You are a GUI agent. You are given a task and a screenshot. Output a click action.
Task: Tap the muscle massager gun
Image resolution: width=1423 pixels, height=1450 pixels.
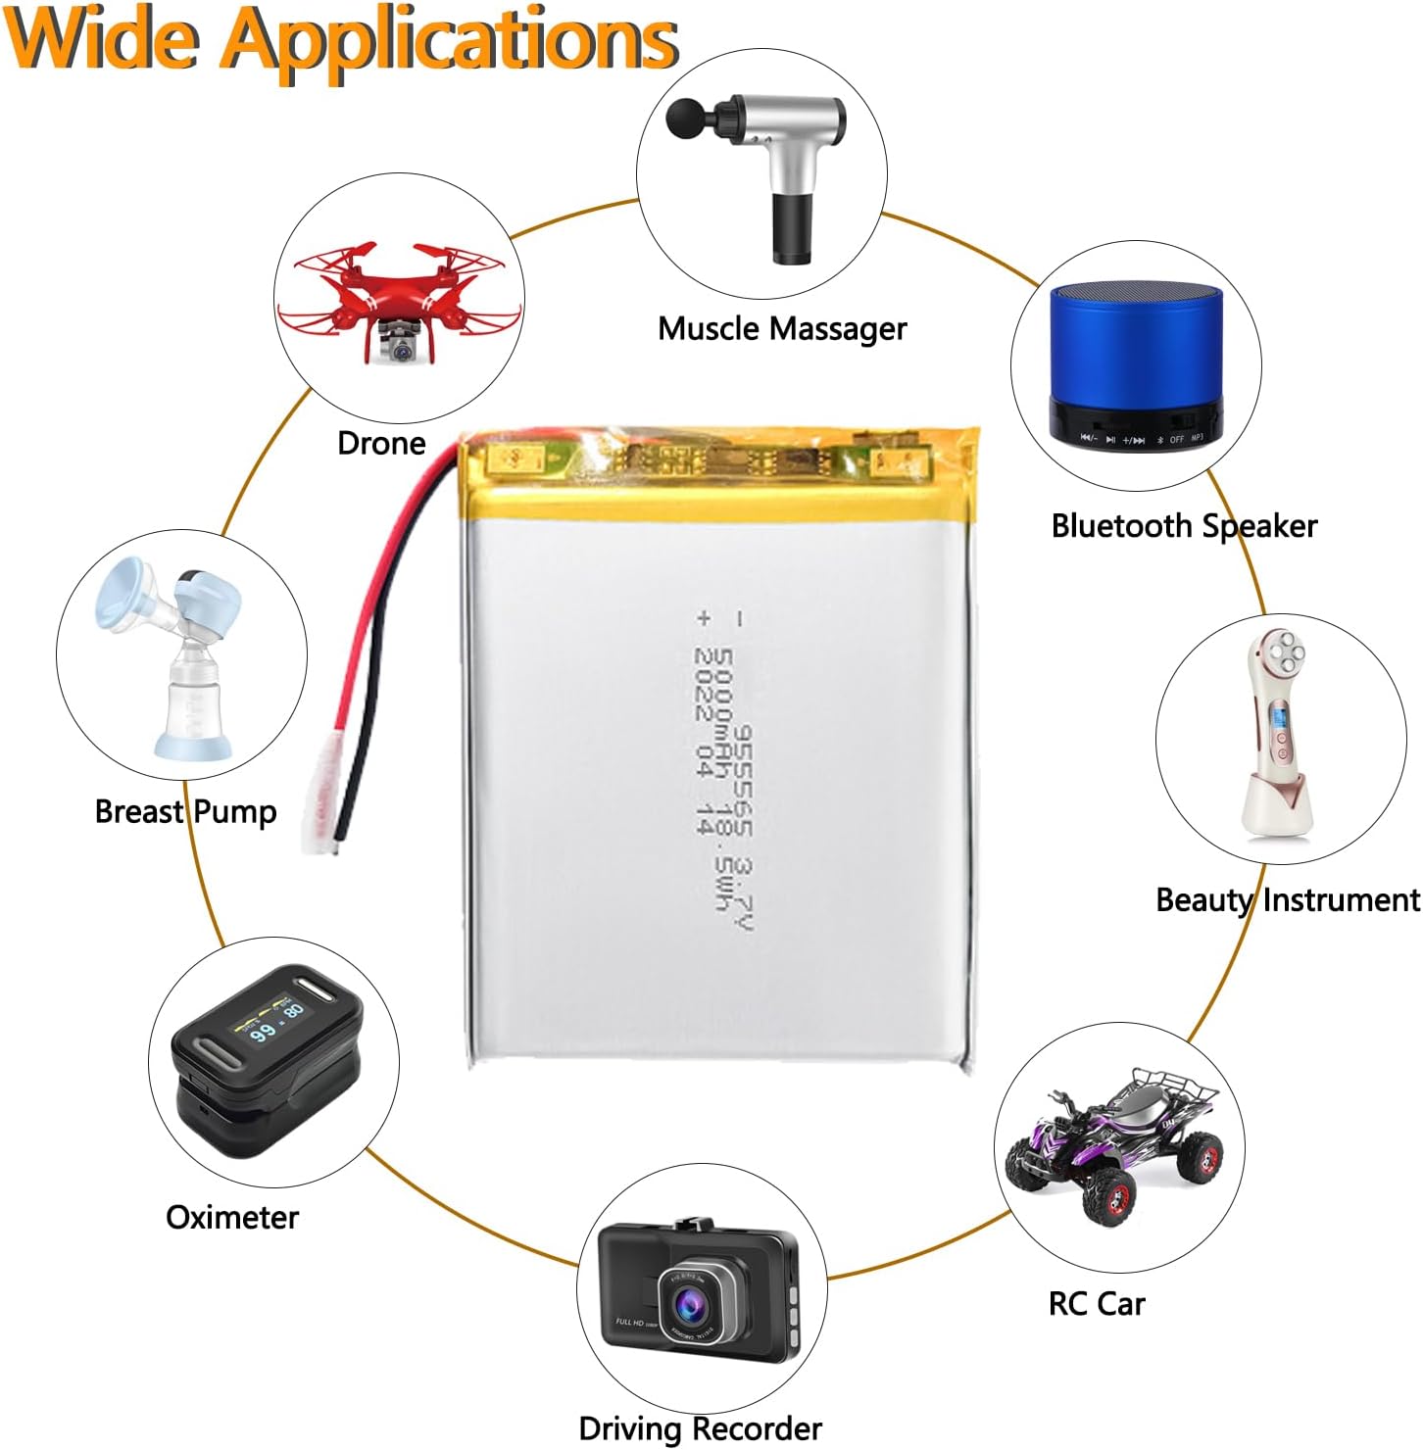point(774,167)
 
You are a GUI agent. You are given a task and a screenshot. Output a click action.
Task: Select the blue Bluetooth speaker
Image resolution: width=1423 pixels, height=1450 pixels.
point(1136,362)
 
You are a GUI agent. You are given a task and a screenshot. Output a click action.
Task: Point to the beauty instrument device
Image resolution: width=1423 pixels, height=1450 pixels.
point(1273,735)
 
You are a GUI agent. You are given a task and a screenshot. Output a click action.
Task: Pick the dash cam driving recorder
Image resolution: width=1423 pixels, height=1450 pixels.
point(698,1293)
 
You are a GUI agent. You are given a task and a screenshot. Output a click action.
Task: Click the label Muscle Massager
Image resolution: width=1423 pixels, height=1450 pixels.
point(782,329)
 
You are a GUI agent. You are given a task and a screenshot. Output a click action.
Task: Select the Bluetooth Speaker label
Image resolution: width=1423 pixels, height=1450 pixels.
point(1184,527)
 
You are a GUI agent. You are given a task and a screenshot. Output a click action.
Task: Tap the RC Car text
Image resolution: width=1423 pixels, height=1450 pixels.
point(1097,1304)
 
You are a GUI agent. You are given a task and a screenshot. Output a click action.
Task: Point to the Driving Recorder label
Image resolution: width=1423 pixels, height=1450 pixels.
point(700,1428)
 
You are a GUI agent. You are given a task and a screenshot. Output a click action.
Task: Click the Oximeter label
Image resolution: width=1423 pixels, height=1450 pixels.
point(232,1218)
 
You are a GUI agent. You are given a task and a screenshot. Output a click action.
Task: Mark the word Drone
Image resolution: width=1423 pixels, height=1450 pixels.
point(381,444)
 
